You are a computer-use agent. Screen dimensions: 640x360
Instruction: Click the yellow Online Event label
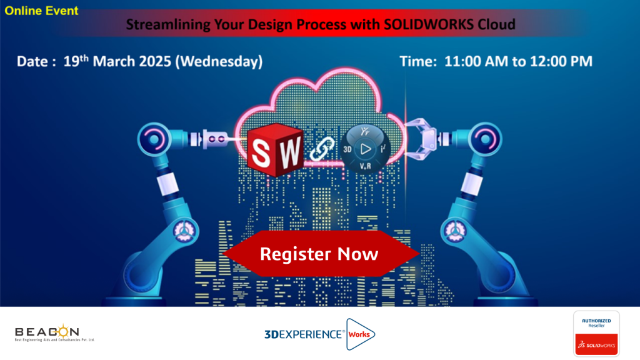click(x=41, y=11)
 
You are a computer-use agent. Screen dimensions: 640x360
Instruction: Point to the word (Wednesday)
click(x=219, y=62)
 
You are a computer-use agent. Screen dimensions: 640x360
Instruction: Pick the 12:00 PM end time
click(x=561, y=61)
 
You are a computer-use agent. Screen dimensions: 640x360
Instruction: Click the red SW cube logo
click(x=275, y=150)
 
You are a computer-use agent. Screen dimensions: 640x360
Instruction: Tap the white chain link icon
click(x=322, y=148)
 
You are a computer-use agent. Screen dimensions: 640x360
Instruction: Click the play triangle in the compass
click(x=366, y=149)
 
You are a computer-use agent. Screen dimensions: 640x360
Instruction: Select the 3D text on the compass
click(x=347, y=149)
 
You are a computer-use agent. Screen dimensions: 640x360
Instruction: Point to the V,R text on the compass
click(x=365, y=166)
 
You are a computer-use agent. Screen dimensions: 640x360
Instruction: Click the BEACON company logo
click(x=54, y=332)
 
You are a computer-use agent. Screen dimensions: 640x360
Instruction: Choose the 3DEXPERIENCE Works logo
click(x=319, y=334)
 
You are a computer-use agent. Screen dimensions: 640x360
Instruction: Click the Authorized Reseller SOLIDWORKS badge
click(x=596, y=334)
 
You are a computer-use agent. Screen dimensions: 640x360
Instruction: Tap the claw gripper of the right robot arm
click(x=421, y=138)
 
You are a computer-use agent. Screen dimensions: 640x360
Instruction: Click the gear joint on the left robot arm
click(x=185, y=231)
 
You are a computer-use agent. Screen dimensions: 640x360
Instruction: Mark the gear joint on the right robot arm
click(x=455, y=231)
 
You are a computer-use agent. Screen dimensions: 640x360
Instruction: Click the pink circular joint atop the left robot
click(x=154, y=139)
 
